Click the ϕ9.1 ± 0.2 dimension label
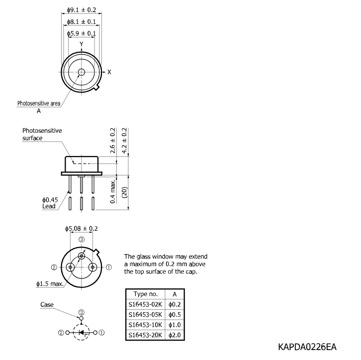tap(82, 10)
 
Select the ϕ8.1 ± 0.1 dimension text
tap(82, 22)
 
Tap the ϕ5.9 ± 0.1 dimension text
tap(82, 34)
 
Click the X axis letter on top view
tap(109, 72)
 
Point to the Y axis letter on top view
tap(81, 44)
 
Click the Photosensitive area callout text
tap(39, 103)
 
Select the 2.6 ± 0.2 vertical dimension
tap(112, 140)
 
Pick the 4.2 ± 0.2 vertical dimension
tap(124, 140)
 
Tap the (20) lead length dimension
tap(124, 192)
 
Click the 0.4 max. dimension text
tap(112, 192)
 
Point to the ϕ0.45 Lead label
tap(50, 203)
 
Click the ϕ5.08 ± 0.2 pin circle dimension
tap(81, 229)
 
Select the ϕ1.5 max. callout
tap(50, 284)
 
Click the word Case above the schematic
tap(47, 304)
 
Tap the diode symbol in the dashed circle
tap(81, 333)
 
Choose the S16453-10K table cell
tap(145, 325)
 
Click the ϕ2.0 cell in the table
tap(175, 335)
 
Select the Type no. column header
tap(146, 294)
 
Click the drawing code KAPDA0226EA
tap(307, 347)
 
